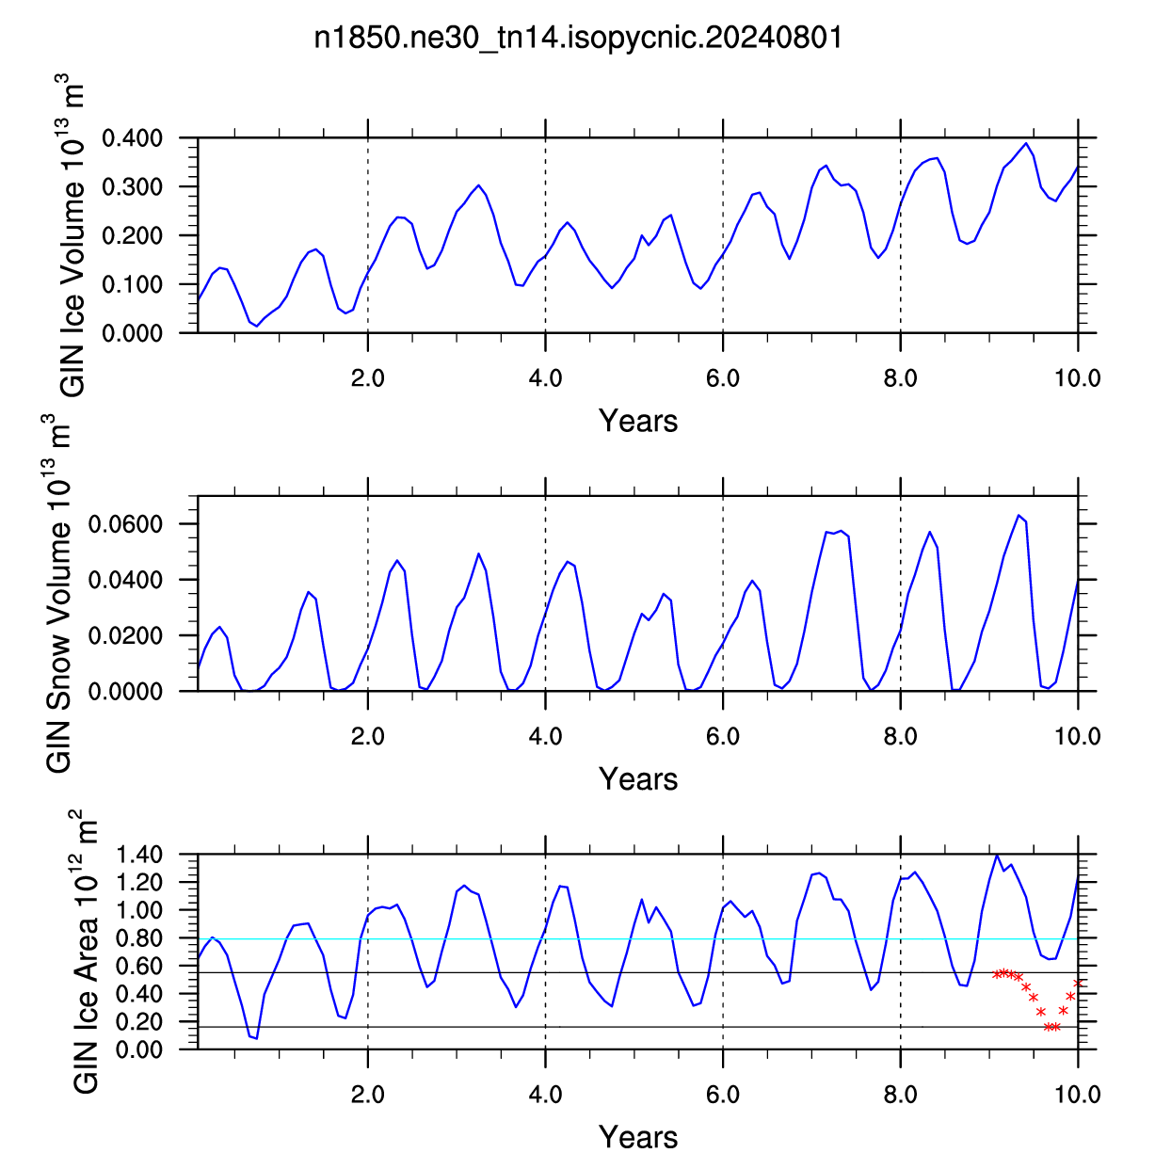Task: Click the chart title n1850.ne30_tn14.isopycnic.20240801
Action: tap(578, 38)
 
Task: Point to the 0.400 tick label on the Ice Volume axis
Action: tap(133, 138)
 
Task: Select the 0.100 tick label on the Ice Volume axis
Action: tap(133, 285)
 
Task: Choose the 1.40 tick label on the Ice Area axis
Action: tap(139, 855)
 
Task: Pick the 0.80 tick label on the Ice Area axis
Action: tap(139, 938)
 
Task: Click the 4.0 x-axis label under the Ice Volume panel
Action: tap(545, 379)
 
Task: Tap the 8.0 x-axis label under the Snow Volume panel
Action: tap(900, 737)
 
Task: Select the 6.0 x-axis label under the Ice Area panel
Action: tap(723, 1095)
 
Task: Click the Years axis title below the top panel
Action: tap(637, 421)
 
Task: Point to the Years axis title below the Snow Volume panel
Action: tap(637, 778)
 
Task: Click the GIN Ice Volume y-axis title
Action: tap(72, 235)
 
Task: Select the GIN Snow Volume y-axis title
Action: tap(57, 594)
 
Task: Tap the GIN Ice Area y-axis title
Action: tap(85, 952)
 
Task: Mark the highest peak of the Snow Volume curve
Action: tap(1019, 515)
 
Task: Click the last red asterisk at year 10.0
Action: tap(1078, 984)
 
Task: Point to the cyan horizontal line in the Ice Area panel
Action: tap(637, 939)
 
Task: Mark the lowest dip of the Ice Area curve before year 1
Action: tap(257, 1038)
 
